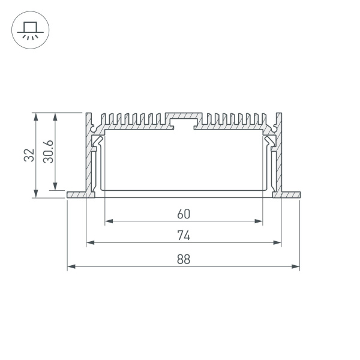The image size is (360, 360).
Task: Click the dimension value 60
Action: click(x=184, y=213)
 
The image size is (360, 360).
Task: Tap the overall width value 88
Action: click(x=184, y=259)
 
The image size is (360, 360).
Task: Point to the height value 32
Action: click(x=28, y=155)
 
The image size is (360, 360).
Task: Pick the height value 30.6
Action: click(x=49, y=151)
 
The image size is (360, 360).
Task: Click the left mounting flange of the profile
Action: click(x=77, y=195)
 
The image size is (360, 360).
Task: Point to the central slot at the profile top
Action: click(x=184, y=122)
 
